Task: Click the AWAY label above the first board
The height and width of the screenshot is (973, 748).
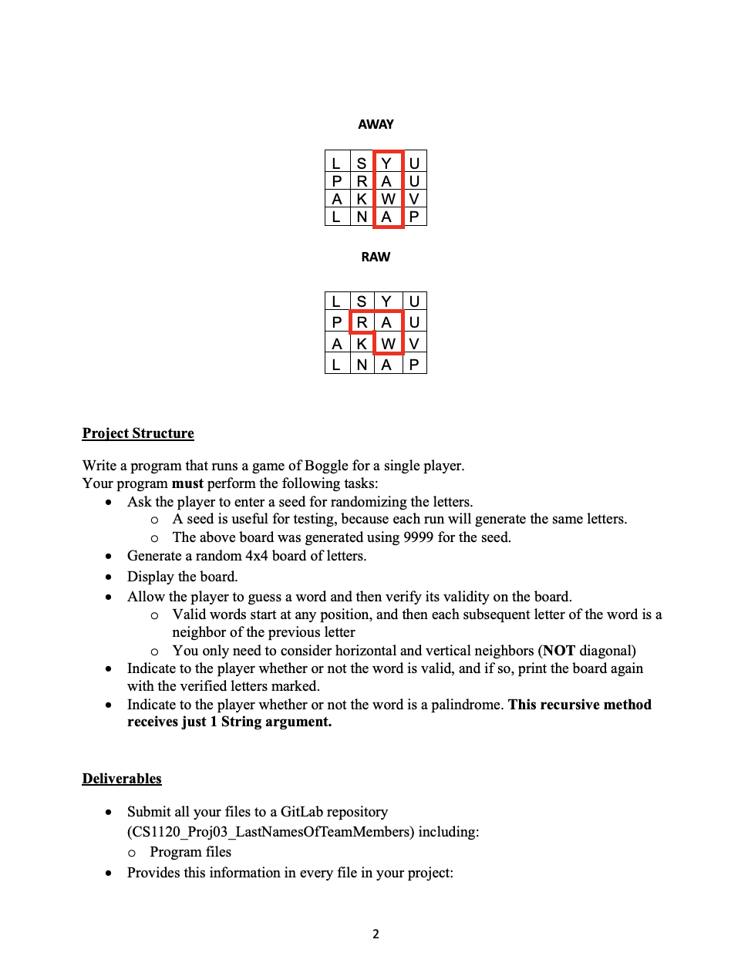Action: coord(376,124)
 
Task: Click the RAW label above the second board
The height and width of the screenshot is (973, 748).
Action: coord(376,257)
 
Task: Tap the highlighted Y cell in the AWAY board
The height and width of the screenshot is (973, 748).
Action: coord(387,163)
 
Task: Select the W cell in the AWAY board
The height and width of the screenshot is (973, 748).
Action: coord(388,199)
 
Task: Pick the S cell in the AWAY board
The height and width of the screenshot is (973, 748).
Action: coord(362,163)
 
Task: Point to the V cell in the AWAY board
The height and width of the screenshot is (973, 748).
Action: coord(414,199)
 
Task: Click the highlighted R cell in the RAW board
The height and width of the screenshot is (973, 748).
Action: coord(362,322)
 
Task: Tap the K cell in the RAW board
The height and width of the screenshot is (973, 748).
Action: coord(362,343)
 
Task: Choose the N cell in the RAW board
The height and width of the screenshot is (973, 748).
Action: coord(362,364)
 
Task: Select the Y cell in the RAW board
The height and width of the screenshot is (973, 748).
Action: coord(387,301)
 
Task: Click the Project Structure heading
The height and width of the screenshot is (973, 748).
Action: coord(138,433)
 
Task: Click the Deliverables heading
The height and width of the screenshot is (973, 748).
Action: coord(122,779)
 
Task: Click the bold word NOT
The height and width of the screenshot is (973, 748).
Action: coord(559,651)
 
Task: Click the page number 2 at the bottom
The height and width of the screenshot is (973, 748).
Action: coord(376,934)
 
